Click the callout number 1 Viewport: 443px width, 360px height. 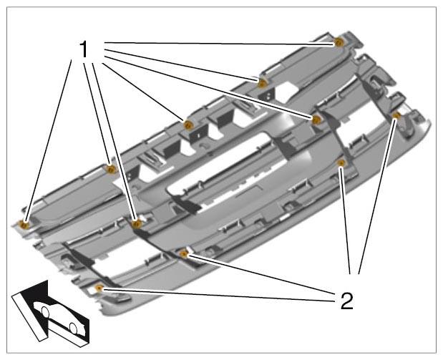click(x=84, y=49)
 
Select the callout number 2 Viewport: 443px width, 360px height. click(x=346, y=301)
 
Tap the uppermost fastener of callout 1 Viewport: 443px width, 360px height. click(x=339, y=43)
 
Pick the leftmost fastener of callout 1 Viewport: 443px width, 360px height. click(x=25, y=225)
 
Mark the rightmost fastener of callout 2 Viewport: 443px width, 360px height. click(x=396, y=115)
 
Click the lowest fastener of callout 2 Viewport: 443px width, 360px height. click(x=99, y=288)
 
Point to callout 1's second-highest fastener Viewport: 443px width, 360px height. click(x=263, y=83)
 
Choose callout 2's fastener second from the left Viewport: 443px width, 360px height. click(x=184, y=254)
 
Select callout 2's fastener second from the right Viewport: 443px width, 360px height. click(x=342, y=162)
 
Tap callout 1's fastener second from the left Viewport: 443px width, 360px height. click(x=112, y=169)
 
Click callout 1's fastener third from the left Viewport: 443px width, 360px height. click(x=137, y=224)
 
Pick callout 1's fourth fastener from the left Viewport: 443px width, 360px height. click(x=188, y=125)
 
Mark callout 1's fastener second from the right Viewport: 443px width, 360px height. click(x=316, y=120)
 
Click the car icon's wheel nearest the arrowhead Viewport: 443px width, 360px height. click(x=45, y=311)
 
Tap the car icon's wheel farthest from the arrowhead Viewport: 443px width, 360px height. click(x=73, y=329)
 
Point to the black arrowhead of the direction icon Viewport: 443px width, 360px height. click(x=36, y=291)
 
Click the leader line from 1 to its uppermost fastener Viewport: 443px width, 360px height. click(x=220, y=43)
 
